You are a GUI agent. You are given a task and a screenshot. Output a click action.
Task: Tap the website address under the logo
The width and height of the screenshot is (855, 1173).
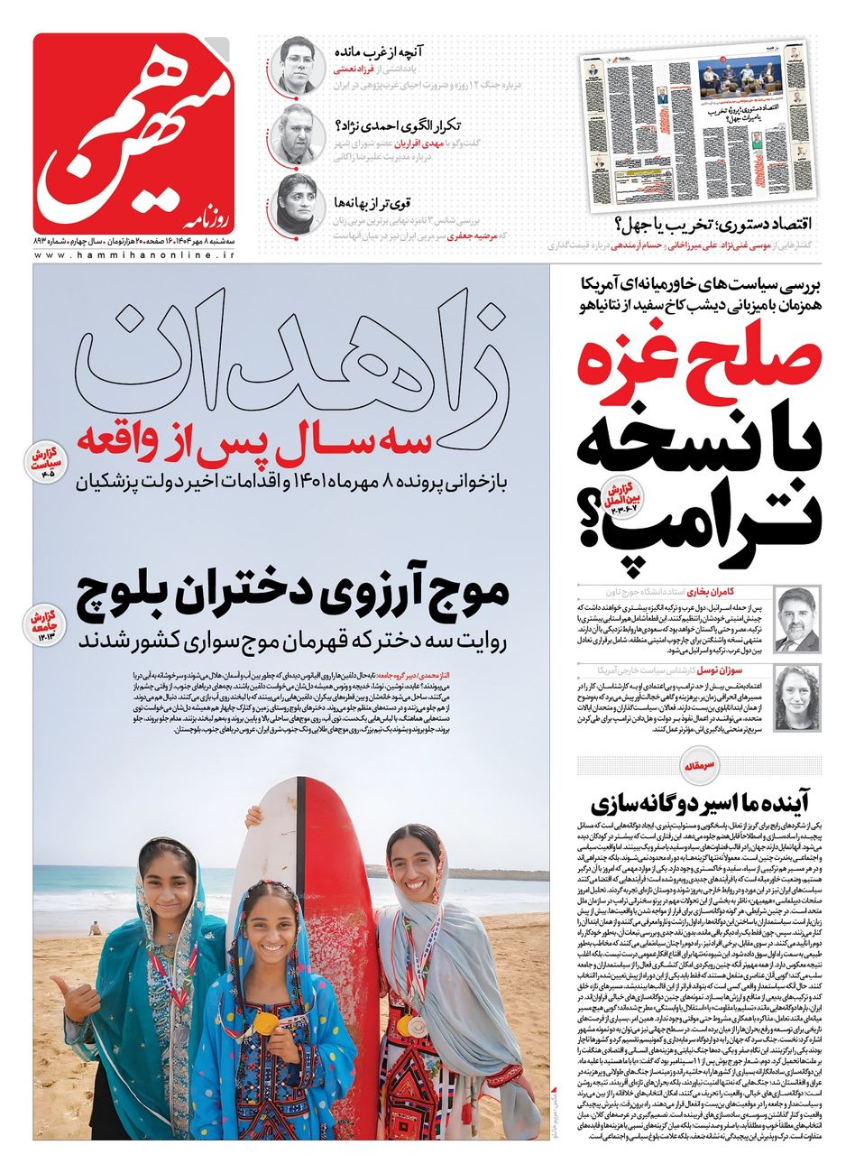pos(135,255)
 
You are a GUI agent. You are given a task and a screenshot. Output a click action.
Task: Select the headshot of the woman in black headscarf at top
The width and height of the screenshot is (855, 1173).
pos(296,202)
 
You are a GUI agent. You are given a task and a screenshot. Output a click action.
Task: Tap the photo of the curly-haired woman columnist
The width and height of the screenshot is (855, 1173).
pos(796,698)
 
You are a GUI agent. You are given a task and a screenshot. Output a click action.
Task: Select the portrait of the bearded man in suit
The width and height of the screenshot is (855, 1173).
pos(796,618)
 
